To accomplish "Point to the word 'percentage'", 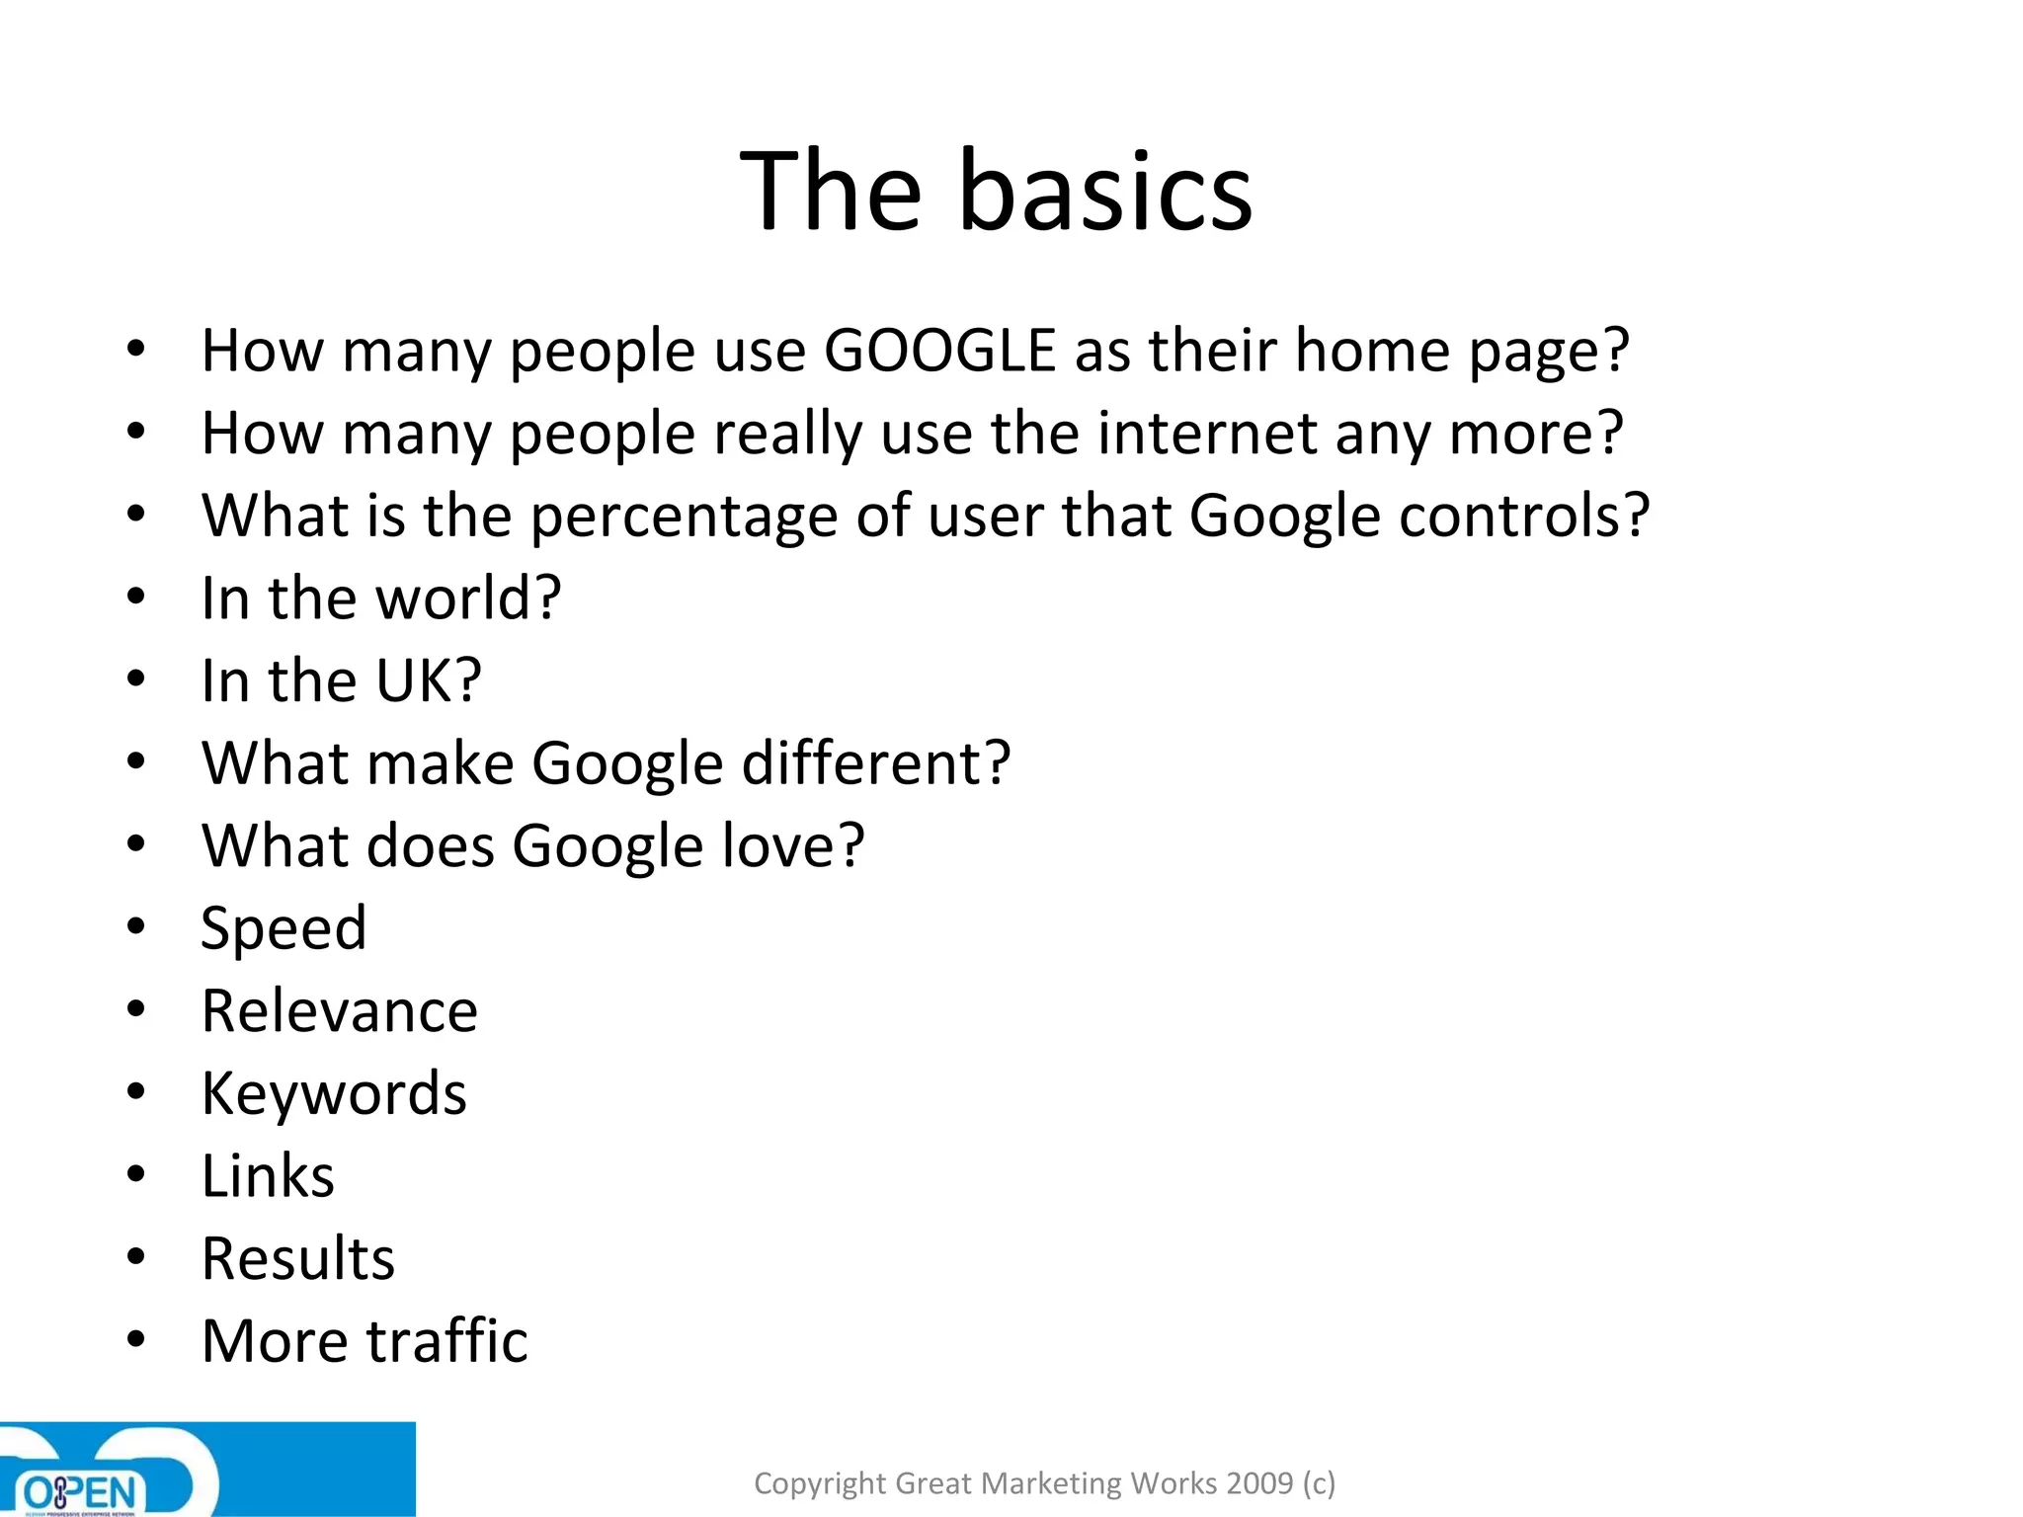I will pos(684,518).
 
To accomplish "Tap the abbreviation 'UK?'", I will pos(429,681).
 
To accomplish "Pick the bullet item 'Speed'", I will pos(283,929).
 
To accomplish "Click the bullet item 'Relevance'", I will pos(340,1011).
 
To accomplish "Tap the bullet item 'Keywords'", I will pos(334,1094).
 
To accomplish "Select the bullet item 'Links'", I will pos(268,1176).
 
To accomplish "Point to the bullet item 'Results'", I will pos(298,1259).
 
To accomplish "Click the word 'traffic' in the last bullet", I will pos(447,1341).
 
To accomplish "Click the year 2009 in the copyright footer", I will pos(1259,1483).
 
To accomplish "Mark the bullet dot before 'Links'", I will pos(136,1175).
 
